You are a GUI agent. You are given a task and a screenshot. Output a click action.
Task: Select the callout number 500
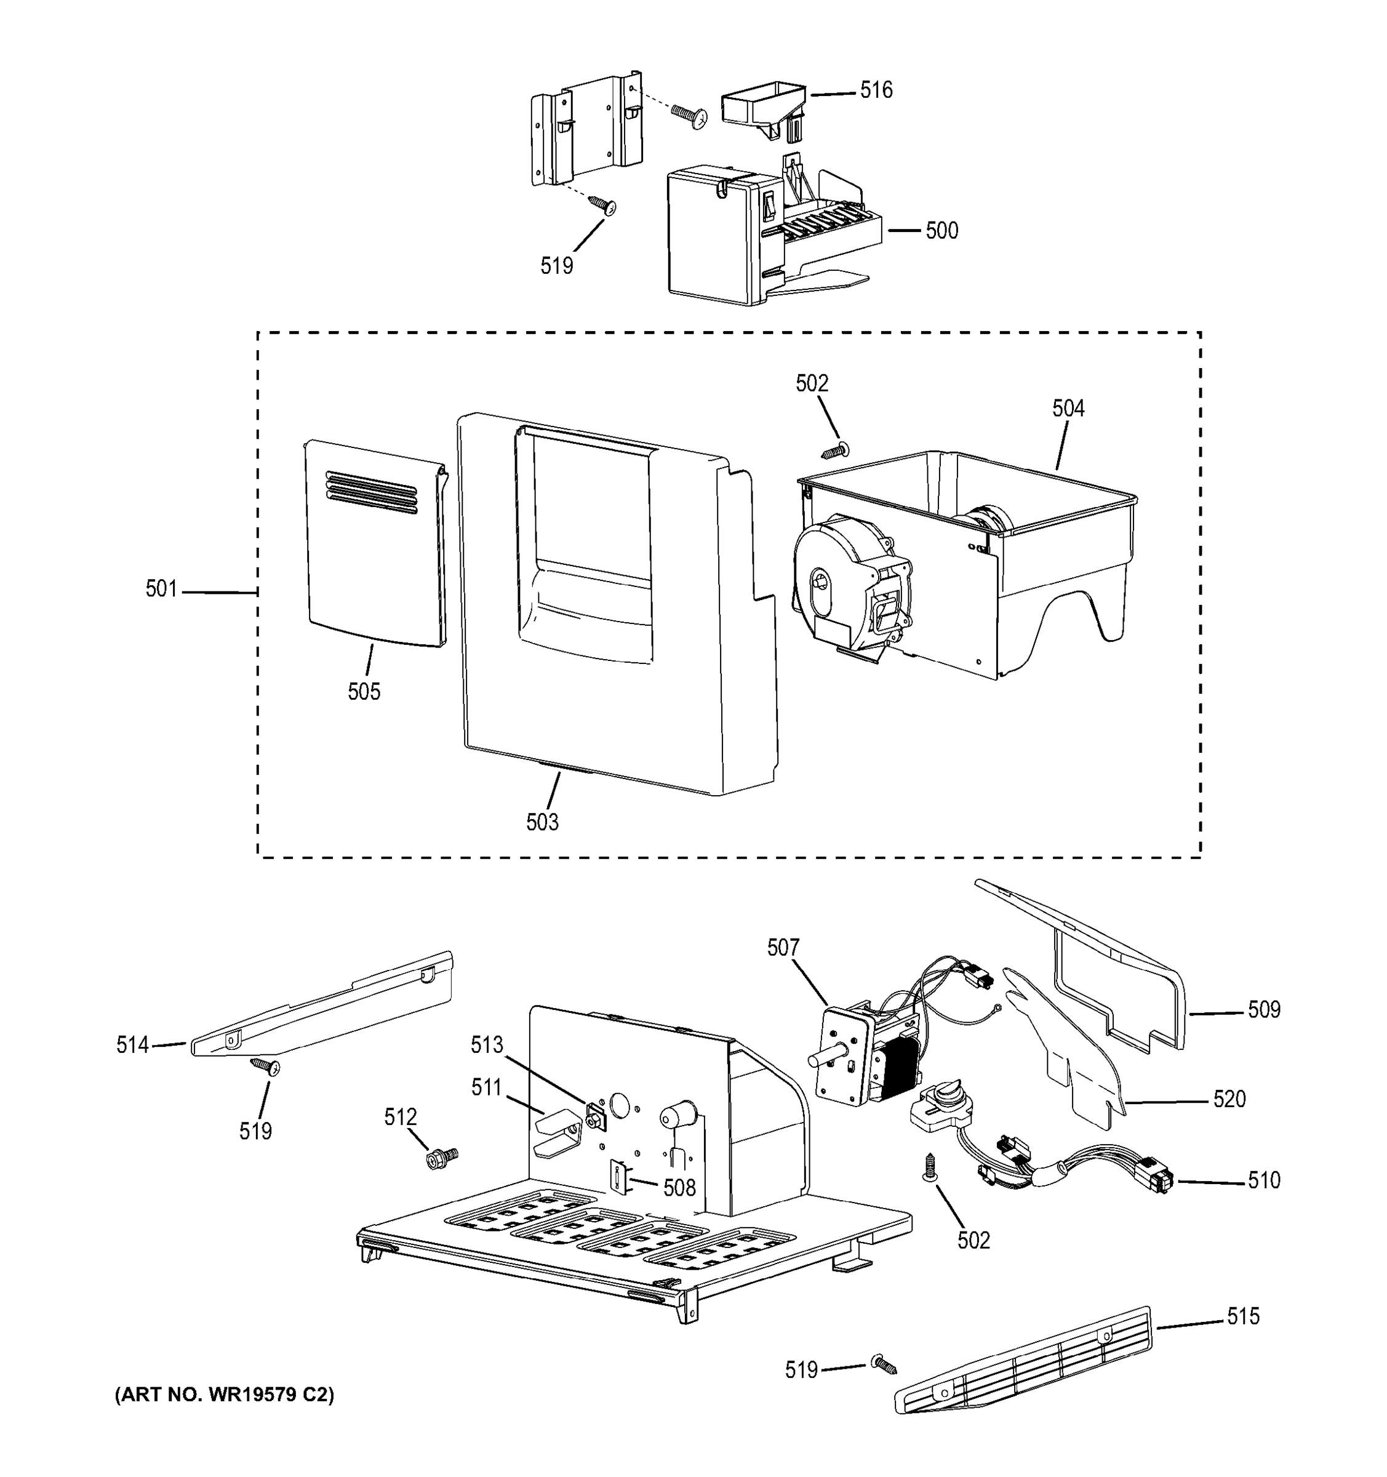click(x=941, y=230)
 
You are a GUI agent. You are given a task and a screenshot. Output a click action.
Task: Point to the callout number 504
click(x=1068, y=408)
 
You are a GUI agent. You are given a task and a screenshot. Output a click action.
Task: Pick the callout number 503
click(x=542, y=822)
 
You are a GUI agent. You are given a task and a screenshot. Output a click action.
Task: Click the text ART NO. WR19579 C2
click(x=225, y=1395)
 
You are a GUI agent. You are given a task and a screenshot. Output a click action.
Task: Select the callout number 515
click(x=1243, y=1316)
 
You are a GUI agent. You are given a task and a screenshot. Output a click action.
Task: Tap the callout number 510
click(x=1264, y=1180)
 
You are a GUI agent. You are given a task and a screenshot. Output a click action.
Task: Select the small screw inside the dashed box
click(x=835, y=450)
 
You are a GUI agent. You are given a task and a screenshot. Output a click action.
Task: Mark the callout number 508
click(x=679, y=1187)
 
